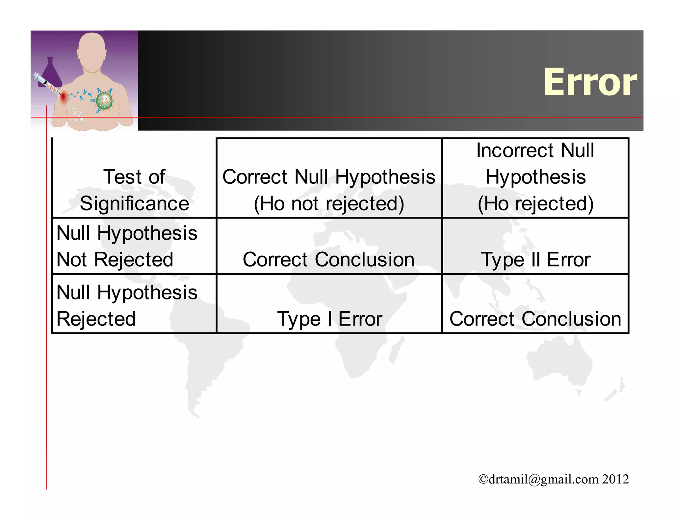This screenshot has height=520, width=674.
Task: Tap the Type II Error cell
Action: (535, 259)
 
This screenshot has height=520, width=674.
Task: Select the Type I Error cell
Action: (329, 319)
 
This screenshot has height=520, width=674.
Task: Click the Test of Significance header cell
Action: (134, 190)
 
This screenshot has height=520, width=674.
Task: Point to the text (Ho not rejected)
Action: (329, 203)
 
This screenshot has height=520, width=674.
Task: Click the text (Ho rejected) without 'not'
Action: (535, 203)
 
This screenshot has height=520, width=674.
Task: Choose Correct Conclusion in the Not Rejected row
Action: (328, 259)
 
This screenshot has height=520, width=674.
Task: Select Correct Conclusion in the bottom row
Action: (535, 319)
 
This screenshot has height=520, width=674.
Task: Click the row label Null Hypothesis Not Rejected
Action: (127, 246)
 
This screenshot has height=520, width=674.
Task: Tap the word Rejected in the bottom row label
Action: (96, 319)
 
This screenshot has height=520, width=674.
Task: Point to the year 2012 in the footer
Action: (616, 479)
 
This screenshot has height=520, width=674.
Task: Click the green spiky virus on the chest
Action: (104, 100)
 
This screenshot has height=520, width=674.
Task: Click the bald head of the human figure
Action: (92, 49)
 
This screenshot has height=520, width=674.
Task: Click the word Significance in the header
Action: (134, 203)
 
